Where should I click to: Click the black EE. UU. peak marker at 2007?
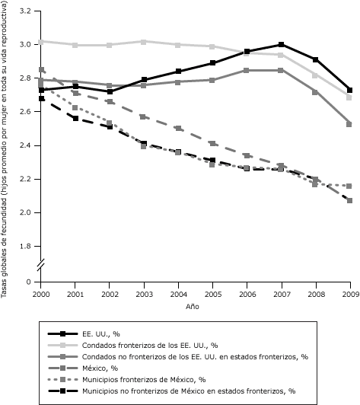point(282,45)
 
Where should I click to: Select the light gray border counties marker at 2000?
point(41,41)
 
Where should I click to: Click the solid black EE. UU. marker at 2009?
point(349,90)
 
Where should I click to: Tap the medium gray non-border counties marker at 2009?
point(349,123)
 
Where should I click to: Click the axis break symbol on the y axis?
point(41,264)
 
